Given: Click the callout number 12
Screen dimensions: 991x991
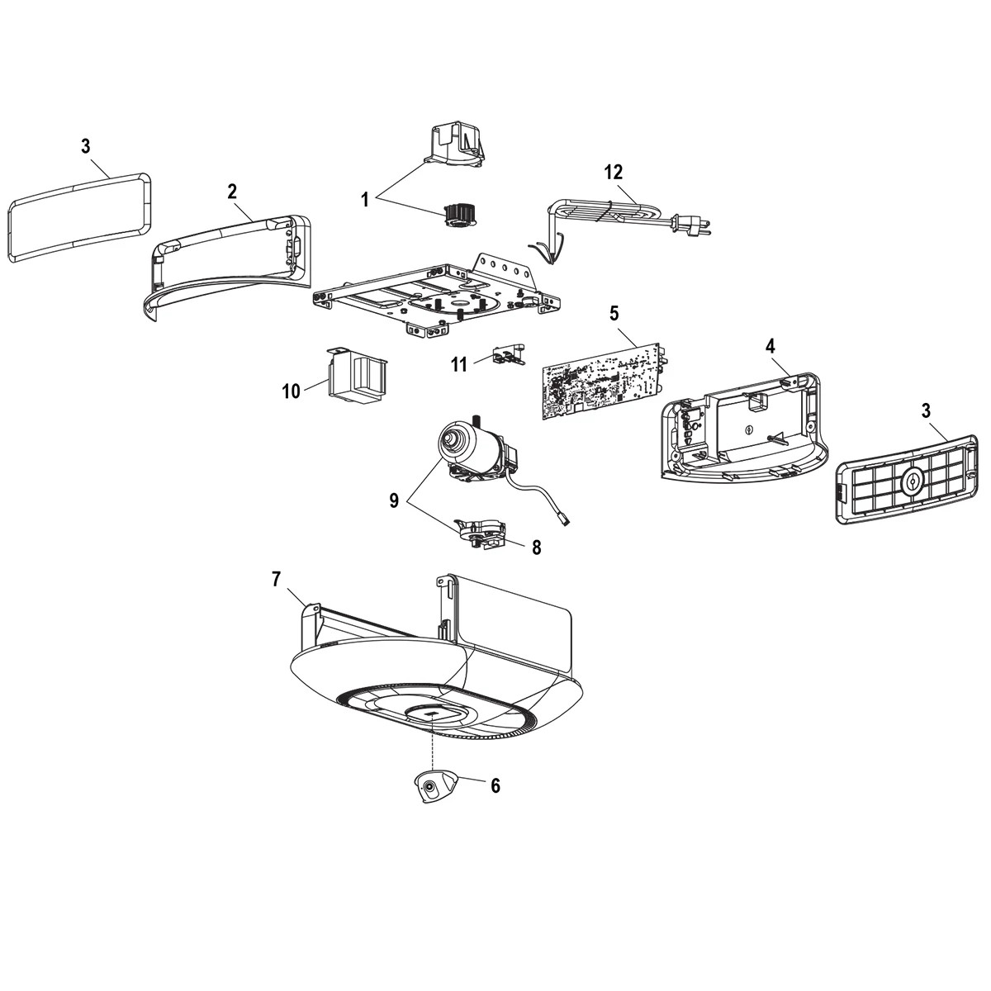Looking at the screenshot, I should pyautogui.click(x=613, y=172).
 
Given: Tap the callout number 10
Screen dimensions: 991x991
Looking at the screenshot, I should pyautogui.click(x=292, y=391).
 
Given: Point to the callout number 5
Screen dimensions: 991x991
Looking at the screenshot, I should pyautogui.click(x=614, y=313).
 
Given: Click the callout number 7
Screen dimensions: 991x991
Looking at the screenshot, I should pyautogui.click(x=276, y=579).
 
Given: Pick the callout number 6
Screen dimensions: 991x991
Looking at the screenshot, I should pyautogui.click(x=495, y=785).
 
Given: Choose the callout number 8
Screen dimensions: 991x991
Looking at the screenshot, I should pyautogui.click(x=536, y=547).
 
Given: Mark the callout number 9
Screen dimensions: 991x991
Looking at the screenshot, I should pyautogui.click(x=395, y=501).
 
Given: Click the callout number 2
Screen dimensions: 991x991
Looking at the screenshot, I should pyautogui.click(x=232, y=191).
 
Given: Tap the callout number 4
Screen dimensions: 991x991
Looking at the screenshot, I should pyautogui.click(x=770, y=345).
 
